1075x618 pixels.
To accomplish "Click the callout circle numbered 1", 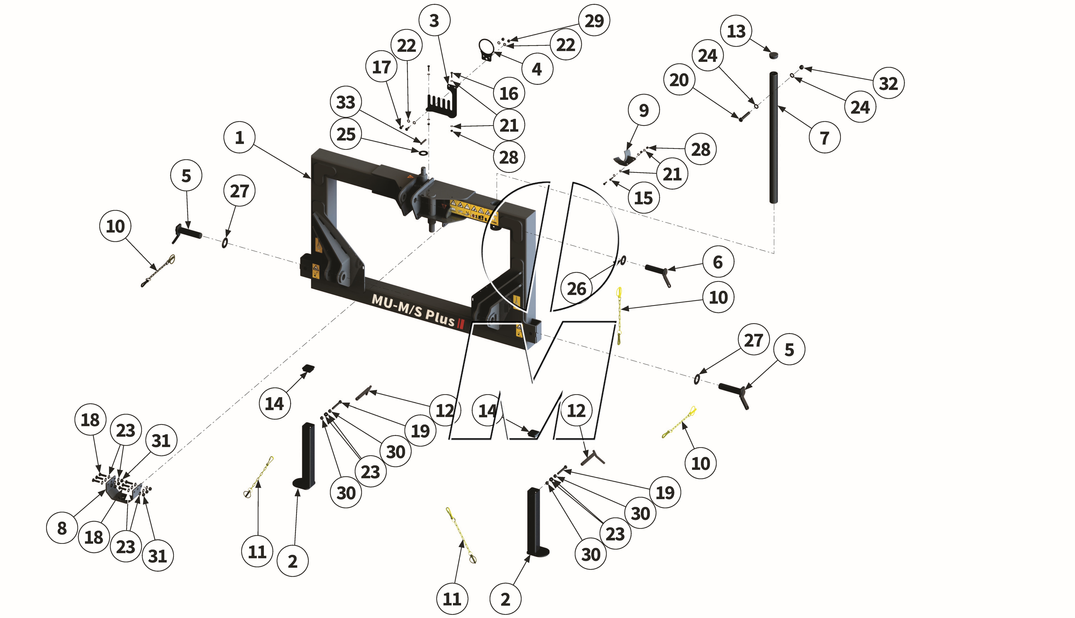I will coord(239,138).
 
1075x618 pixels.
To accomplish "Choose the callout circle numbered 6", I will coord(718,262).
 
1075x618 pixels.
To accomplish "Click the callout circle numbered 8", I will coord(62,528).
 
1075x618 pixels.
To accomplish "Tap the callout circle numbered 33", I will coord(346,102).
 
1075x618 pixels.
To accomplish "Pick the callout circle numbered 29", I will coord(594,20).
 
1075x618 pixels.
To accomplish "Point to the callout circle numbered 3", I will coord(434,20).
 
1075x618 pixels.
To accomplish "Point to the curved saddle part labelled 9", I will coord(624,158).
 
